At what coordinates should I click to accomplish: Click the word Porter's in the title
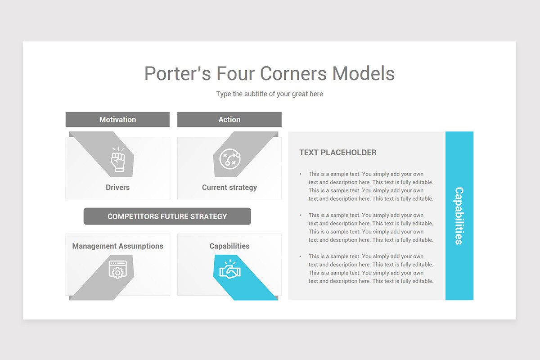pos(177,73)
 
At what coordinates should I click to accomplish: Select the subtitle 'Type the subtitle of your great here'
pos(269,94)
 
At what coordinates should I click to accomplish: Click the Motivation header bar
pos(117,120)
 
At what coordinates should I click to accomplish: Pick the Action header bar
pos(229,120)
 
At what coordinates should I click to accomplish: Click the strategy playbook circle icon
pos(229,159)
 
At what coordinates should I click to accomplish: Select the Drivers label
pos(117,187)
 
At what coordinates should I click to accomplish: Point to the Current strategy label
pos(229,187)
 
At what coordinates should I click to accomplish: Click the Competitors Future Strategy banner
pos(167,216)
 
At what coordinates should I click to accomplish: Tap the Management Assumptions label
pos(117,246)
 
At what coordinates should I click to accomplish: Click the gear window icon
pos(117,270)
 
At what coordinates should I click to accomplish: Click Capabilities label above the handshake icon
pos(229,246)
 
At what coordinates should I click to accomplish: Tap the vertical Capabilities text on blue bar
pos(459,216)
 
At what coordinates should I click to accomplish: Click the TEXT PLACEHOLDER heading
pos(338,153)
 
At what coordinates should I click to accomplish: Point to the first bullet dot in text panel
pos(301,174)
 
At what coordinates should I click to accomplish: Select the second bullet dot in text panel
pos(301,215)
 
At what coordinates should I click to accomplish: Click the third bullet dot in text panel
pos(301,256)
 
